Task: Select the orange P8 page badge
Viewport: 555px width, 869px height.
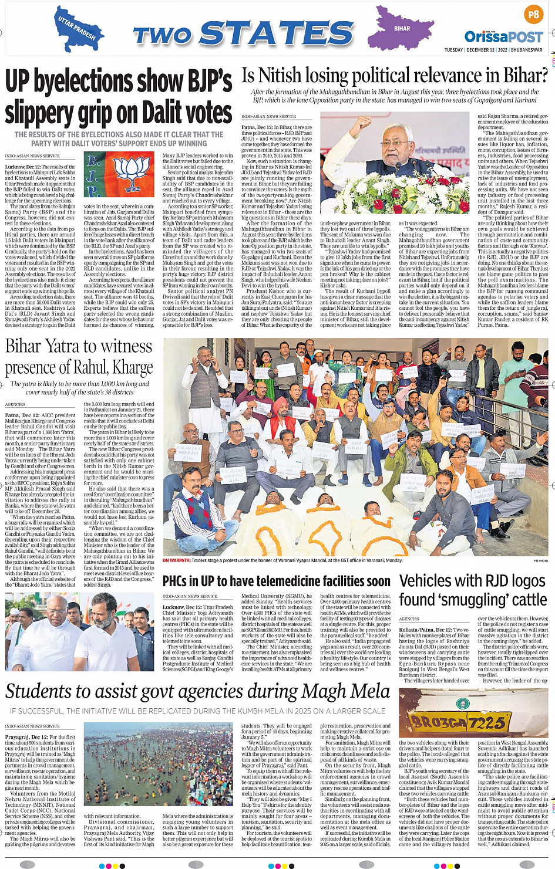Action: pyautogui.click(x=533, y=14)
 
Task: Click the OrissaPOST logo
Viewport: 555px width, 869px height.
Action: pyautogui.click(x=503, y=37)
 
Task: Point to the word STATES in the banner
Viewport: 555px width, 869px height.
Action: pyautogui.click(x=276, y=34)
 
